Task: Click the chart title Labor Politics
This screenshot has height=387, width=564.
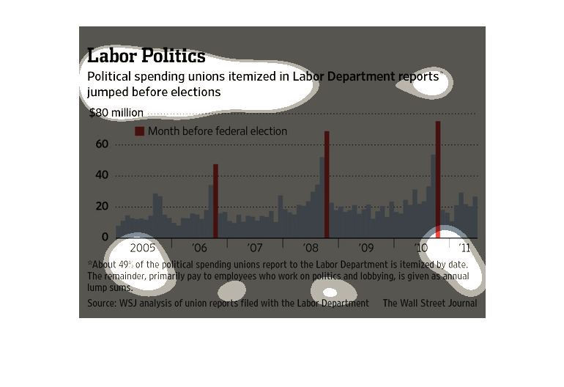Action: [x=146, y=56]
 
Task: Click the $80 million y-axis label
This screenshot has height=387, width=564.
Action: [x=116, y=113]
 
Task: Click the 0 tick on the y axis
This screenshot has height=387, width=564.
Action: [x=105, y=237]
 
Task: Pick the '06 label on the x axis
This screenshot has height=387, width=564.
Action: [x=199, y=248]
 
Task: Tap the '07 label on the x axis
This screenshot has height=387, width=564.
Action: [x=255, y=248]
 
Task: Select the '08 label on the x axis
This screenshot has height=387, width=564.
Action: [x=311, y=248]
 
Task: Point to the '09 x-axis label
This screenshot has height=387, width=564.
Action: [x=366, y=248]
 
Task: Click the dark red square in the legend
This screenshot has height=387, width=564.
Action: [x=139, y=131]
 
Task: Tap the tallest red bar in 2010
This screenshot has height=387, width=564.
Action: [x=438, y=179]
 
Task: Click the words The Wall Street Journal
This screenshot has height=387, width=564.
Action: [x=429, y=303]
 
